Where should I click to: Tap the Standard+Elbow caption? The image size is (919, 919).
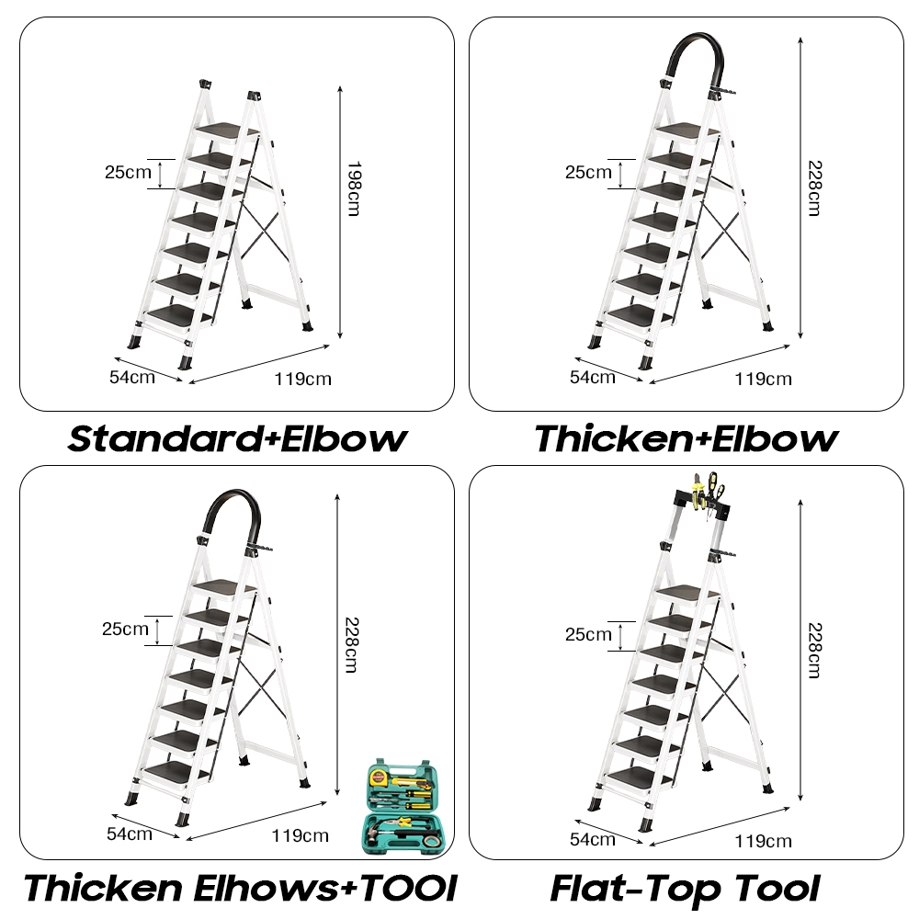pos(237,438)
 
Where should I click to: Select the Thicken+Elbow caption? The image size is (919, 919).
pos(686,438)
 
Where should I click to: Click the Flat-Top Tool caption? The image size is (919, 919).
pos(685,889)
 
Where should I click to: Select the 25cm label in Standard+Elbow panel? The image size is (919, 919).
pos(127,171)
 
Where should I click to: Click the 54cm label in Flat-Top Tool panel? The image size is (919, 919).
pos(592,838)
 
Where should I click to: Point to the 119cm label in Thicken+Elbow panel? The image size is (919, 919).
pos(762,378)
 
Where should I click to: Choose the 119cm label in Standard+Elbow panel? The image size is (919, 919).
pos(302,378)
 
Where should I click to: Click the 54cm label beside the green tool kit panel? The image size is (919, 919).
pos(130,834)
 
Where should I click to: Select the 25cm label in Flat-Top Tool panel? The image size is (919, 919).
pos(587,634)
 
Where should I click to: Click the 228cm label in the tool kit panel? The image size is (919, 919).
pos(350,642)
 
